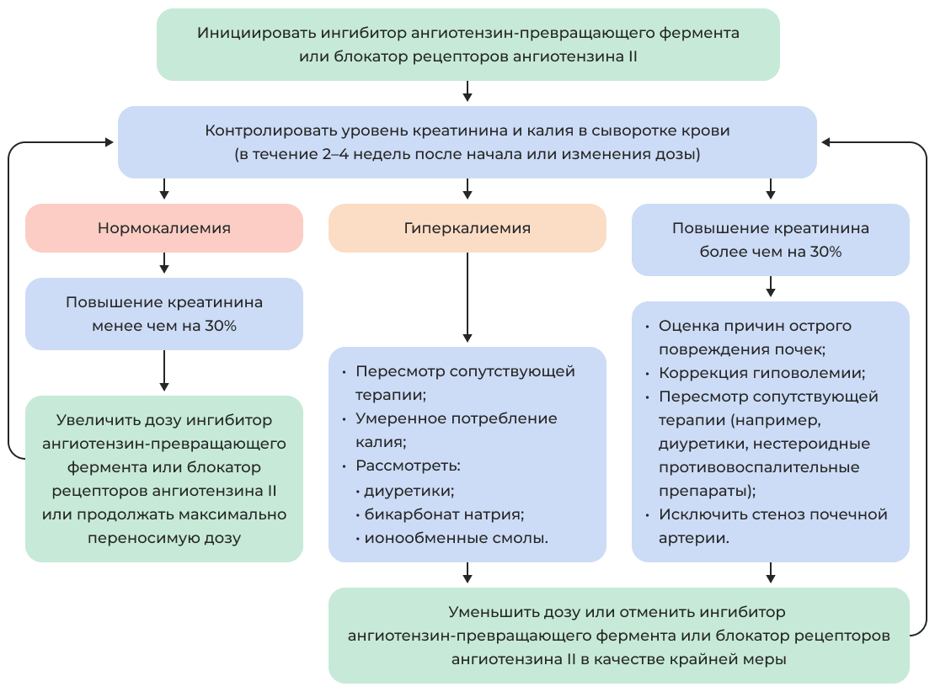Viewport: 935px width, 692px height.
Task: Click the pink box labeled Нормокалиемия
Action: [x=164, y=228]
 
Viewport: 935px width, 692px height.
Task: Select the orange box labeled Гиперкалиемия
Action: [x=467, y=228]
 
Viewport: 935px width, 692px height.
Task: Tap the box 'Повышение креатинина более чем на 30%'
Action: [x=770, y=240]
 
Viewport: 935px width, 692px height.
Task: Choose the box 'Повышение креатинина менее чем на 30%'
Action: [x=164, y=314]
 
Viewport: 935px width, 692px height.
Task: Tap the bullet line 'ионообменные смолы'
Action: [x=456, y=537]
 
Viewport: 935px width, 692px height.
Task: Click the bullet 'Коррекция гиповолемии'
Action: [x=761, y=373]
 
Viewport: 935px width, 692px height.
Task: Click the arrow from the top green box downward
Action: [x=467, y=92]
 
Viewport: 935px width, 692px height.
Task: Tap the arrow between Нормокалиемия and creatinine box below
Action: [x=164, y=264]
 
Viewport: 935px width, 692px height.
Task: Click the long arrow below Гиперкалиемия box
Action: [x=467, y=299]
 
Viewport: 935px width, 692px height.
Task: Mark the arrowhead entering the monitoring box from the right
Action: [x=825, y=142]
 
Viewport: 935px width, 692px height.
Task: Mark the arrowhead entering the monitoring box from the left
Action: [x=110, y=142]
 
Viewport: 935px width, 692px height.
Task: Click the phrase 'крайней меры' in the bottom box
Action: [x=741, y=660]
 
